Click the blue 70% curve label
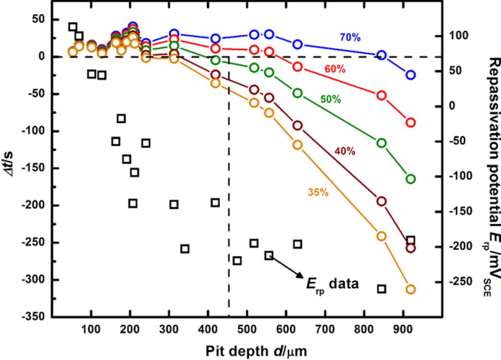coord(350,37)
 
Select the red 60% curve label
coord(335,69)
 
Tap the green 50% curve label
coord(330,99)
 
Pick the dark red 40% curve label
coord(344,151)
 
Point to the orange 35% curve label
coord(318,192)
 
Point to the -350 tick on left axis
coord(34,317)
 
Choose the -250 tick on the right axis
coord(458,282)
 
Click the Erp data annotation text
coord(332,284)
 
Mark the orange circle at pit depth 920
coord(410,290)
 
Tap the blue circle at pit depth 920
coord(410,75)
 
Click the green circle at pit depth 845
coord(381,143)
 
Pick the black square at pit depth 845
coord(382,289)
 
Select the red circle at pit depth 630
coord(297,67)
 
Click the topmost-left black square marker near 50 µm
coord(72,27)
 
